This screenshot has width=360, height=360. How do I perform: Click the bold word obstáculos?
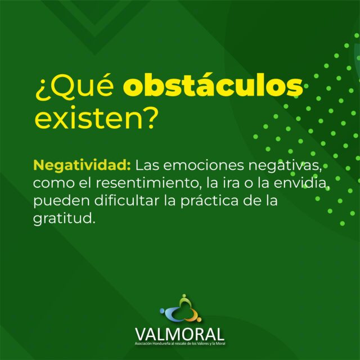[213, 85]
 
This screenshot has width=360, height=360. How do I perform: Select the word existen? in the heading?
[97, 119]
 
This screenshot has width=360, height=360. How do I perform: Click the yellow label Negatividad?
[82, 165]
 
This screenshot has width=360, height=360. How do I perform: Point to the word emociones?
[204, 165]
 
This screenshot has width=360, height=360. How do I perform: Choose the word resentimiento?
[147, 183]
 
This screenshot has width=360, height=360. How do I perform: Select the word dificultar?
[127, 200]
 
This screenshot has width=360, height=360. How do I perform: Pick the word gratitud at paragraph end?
[64, 219]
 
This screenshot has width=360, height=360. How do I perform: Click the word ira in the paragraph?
[231, 183]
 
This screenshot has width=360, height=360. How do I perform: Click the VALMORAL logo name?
[179, 334]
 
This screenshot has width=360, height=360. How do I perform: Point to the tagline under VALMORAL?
[180, 344]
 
